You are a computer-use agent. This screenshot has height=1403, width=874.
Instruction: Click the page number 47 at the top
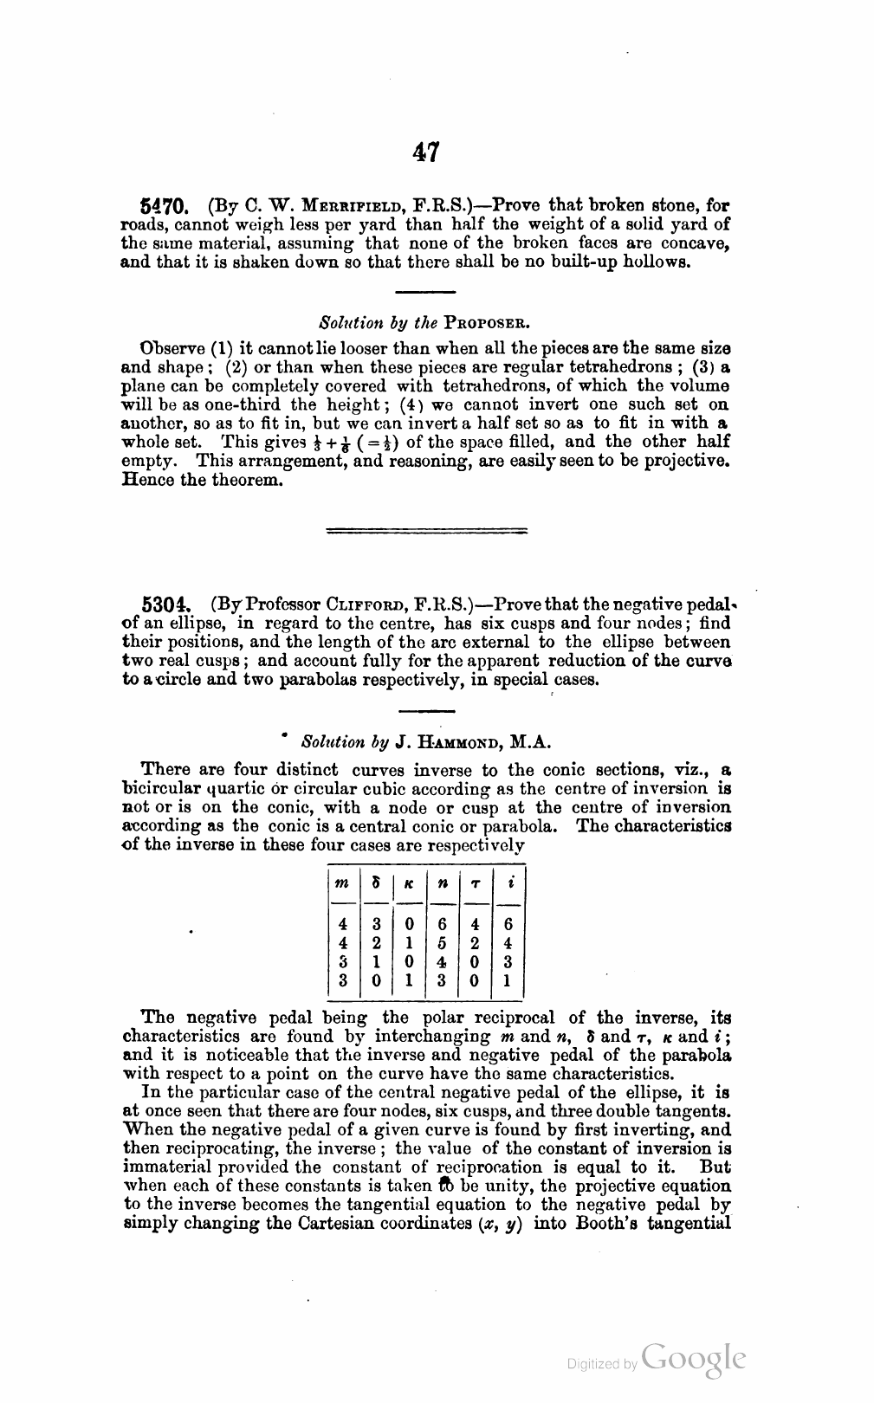[x=426, y=152]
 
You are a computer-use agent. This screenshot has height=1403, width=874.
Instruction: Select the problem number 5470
[x=163, y=208]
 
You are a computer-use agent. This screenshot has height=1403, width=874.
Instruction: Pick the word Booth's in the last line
[x=612, y=1223]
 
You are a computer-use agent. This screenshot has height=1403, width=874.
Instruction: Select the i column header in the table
[x=509, y=884]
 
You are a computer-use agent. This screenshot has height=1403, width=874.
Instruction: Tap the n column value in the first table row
[x=442, y=925]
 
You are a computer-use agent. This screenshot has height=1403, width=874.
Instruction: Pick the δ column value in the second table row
[x=375, y=943]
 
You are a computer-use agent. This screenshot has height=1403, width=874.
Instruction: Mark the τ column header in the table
[x=475, y=884]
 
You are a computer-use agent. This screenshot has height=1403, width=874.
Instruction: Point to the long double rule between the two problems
[x=430, y=530]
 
